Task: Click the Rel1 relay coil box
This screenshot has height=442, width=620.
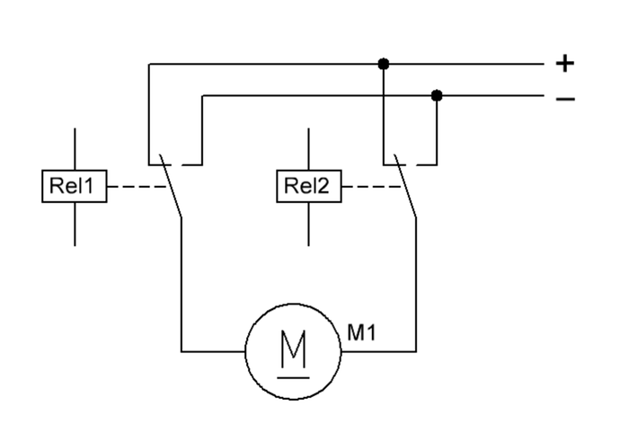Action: point(75,186)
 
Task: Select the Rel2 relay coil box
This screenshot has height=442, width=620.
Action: point(309,186)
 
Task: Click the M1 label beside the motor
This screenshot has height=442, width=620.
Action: point(361,332)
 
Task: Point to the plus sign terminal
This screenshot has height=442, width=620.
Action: point(564,63)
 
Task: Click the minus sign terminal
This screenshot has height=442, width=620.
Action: point(565,99)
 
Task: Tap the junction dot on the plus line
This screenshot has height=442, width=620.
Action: point(383,64)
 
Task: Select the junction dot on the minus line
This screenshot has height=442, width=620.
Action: point(437,95)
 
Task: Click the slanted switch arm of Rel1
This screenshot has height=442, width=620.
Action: point(171,185)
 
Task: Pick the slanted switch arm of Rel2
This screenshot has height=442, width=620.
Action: point(405,185)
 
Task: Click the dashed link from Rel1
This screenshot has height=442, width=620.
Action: point(137,187)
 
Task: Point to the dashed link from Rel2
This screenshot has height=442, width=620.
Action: point(371,187)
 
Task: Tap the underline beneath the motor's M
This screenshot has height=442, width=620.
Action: point(294,378)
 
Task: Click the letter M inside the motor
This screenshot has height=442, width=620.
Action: point(294,349)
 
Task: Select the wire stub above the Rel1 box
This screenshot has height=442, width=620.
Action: point(75,149)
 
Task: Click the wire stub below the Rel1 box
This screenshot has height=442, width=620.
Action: point(75,225)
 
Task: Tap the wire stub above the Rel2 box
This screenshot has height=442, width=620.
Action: point(309,149)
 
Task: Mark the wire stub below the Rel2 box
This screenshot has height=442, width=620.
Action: point(309,225)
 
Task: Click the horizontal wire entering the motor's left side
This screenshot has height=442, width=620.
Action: point(213,351)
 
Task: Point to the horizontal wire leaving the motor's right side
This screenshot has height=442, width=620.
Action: point(378,351)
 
